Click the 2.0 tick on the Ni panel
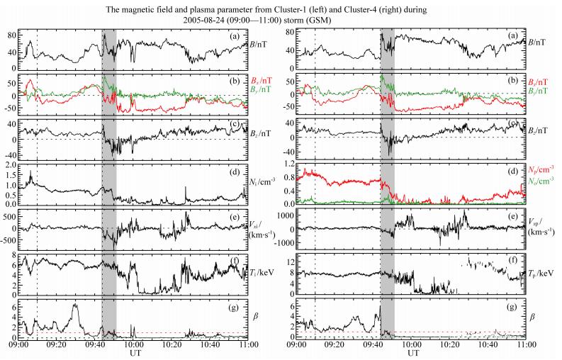[11, 165]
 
